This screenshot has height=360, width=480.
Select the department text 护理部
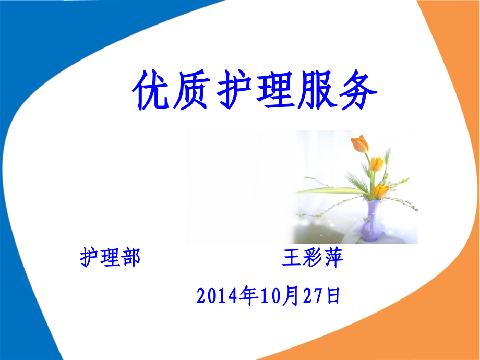point(110,258)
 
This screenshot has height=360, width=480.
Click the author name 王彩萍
point(313,258)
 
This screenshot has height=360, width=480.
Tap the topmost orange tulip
point(359,144)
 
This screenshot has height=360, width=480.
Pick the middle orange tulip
point(377,164)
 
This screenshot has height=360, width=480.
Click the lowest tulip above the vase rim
point(381,191)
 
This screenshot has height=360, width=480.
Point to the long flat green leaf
point(323,191)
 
